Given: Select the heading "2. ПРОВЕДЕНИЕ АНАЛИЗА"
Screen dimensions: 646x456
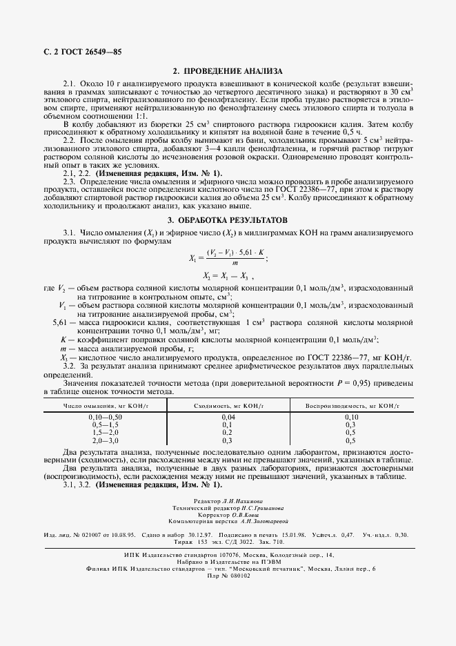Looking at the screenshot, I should (228, 70).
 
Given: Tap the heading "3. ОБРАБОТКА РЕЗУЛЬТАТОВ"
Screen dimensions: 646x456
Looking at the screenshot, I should (228, 219).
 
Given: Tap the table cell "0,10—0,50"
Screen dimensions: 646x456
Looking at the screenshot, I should (105, 418).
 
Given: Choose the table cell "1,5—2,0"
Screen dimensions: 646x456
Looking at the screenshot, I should (105, 432).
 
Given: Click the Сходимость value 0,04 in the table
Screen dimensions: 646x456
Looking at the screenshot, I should (228, 418).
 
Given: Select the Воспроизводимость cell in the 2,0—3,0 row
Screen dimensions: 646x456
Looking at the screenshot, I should (351, 440).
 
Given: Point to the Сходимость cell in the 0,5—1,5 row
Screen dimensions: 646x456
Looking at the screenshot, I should (228, 425).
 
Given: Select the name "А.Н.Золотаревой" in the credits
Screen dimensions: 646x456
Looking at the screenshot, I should (264, 521).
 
